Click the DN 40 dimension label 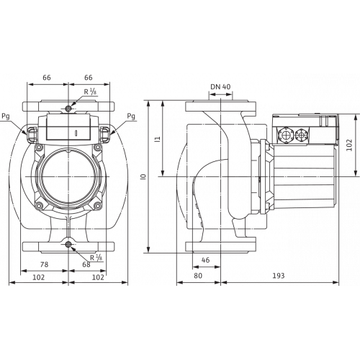point(220,86)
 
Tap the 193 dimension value point(279,276)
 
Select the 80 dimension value point(198,276)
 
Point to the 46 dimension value point(205,260)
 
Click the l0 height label point(144,176)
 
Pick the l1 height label point(157,139)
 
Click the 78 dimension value point(44,264)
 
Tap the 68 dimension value point(86,264)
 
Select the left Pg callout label point(6,117)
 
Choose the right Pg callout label point(131,117)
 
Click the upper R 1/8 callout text point(90,91)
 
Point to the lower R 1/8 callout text point(96,258)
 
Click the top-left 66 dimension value point(47,78)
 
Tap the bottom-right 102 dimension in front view point(98,277)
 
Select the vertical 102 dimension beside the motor point(350,145)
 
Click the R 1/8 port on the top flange point(68,108)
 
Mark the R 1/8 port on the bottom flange point(68,245)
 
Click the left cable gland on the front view point(32,134)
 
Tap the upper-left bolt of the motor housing point(38,148)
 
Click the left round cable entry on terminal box point(286,135)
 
